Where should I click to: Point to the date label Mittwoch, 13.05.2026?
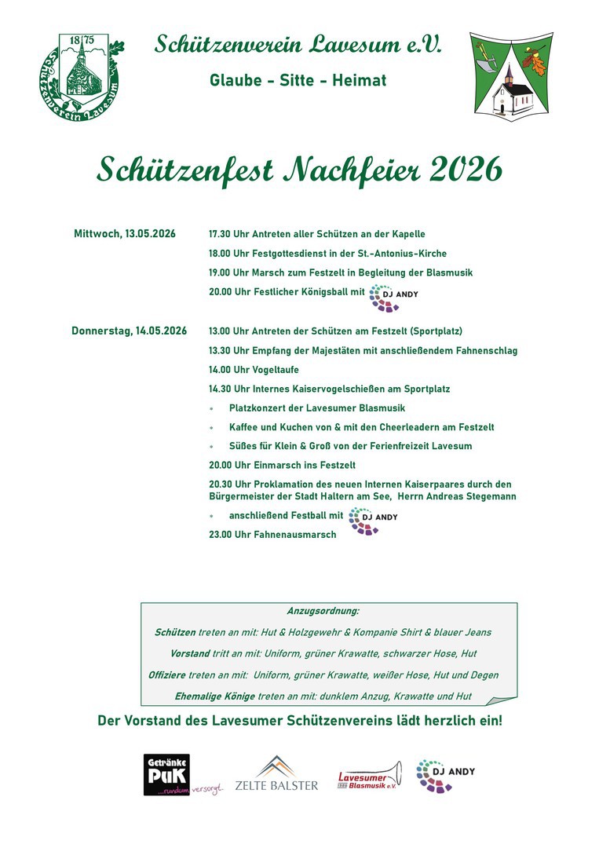click(x=124, y=234)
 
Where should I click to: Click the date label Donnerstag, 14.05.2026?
click(x=129, y=331)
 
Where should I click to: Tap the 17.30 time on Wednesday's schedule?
click(x=221, y=234)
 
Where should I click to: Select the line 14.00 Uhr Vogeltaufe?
click(x=254, y=369)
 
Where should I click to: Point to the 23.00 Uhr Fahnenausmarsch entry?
click(x=272, y=535)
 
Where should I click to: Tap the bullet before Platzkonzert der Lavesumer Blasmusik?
click(x=211, y=408)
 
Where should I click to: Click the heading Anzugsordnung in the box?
click(x=323, y=610)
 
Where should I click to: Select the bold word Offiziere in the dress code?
click(x=167, y=674)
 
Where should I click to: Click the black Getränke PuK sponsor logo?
click(x=166, y=774)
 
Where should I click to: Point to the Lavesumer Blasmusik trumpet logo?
click(x=369, y=776)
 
